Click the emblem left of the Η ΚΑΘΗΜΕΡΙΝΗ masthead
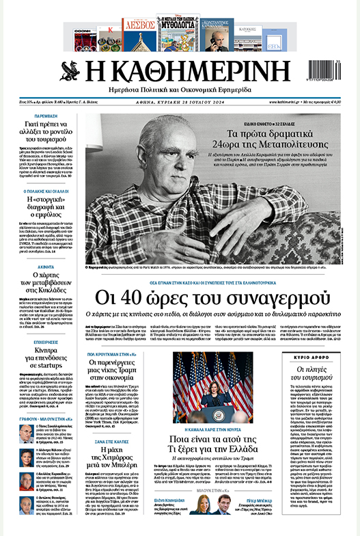click(x=70, y=72)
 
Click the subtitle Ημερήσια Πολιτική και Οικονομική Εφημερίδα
click(x=180, y=91)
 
